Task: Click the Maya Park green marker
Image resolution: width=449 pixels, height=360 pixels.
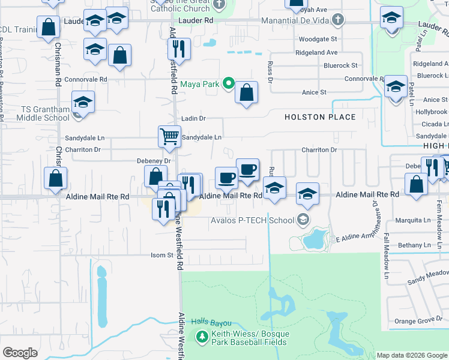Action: [x=228, y=84]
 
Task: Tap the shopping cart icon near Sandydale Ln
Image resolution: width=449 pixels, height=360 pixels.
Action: [x=170, y=136]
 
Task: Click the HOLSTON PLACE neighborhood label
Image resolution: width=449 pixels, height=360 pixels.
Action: [x=320, y=117]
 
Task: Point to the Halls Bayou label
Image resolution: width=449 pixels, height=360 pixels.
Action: [x=211, y=323]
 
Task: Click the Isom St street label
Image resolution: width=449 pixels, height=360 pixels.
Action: [x=161, y=255]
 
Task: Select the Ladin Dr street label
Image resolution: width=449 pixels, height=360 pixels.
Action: [x=193, y=119]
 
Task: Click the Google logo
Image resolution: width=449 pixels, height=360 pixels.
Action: [x=20, y=353]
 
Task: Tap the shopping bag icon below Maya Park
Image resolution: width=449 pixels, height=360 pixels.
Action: [x=246, y=92]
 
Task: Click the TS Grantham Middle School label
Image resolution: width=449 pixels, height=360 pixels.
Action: [x=37, y=113]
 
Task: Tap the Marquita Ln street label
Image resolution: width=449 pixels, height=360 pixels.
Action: [x=414, y=220]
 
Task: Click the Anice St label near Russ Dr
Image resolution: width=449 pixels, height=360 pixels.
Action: [x=314, y=92]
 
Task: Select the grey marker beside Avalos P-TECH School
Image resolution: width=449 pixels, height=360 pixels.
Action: [x=304, y=220]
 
